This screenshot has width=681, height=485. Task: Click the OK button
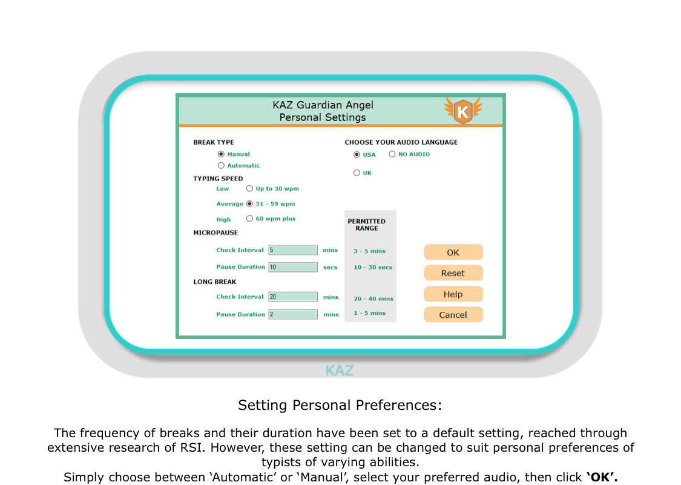tap(453, 252)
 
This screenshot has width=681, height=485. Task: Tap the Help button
tap(453, 294)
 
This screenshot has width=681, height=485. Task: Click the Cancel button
tap(453, 315)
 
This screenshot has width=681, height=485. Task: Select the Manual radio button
tap(221, 154)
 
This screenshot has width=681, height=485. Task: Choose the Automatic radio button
tap(221, 165)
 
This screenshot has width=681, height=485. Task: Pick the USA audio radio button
tap(357, 155)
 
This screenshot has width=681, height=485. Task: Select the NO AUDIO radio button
tap(392, 154)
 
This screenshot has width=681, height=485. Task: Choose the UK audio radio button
tap(357, 173)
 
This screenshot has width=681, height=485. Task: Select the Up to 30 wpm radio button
tap(249, 189)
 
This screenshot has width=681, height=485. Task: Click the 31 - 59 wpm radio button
tap(249, 204)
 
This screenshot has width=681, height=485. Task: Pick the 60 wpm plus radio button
tap(249, 219)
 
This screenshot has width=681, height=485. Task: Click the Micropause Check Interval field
tap(293, 250)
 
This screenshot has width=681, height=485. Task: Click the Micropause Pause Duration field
tap(293, 267)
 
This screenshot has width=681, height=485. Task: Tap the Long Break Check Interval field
tap(293, 297)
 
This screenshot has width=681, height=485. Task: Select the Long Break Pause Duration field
tap(293, 314)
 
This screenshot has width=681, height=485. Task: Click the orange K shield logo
tap(463, 111)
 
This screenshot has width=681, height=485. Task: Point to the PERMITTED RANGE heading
tap(367, 225)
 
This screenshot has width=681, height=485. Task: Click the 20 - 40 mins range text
tap(373, 299)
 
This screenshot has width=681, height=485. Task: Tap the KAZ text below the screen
tap(340, 371)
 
